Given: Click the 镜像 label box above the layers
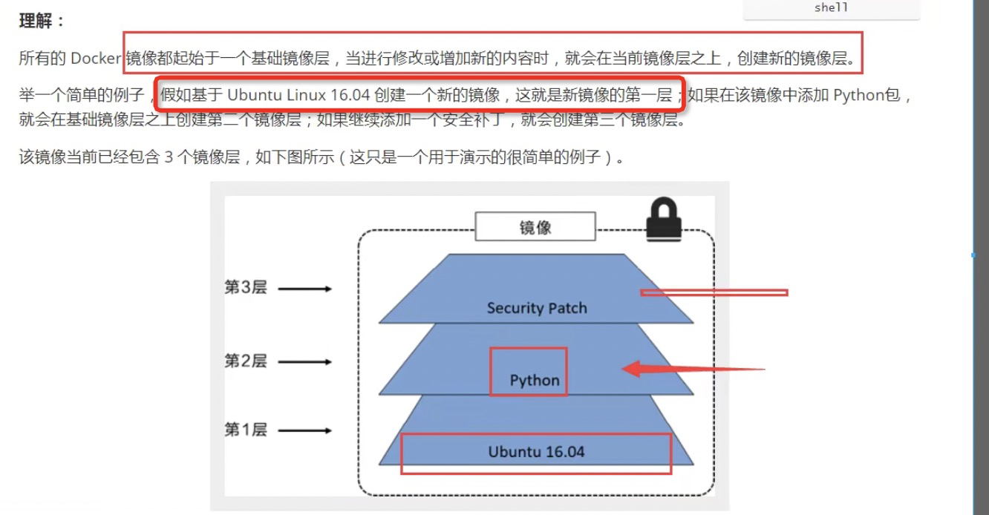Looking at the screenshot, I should coord(535,227).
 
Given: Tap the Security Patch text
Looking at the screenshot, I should coord(536,308).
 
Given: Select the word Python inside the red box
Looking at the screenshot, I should coord(535,381).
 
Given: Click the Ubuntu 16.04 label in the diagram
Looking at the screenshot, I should coord(536,451).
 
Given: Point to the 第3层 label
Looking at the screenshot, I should coord(246,288).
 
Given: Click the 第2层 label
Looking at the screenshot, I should coord(246,361).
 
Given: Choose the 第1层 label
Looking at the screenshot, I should coord(246,430).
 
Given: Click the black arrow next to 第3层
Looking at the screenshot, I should coord(306,289).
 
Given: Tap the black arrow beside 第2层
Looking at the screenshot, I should coord(306,362).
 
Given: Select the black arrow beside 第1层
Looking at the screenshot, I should coord(306,430).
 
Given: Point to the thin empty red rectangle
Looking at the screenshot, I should coord(714,293).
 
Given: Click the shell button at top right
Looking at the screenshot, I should coord(831,8).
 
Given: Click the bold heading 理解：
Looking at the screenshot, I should coord(42,21).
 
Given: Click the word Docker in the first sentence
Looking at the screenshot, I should coord(96,59).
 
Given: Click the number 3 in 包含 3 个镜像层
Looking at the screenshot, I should coord(169,157).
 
